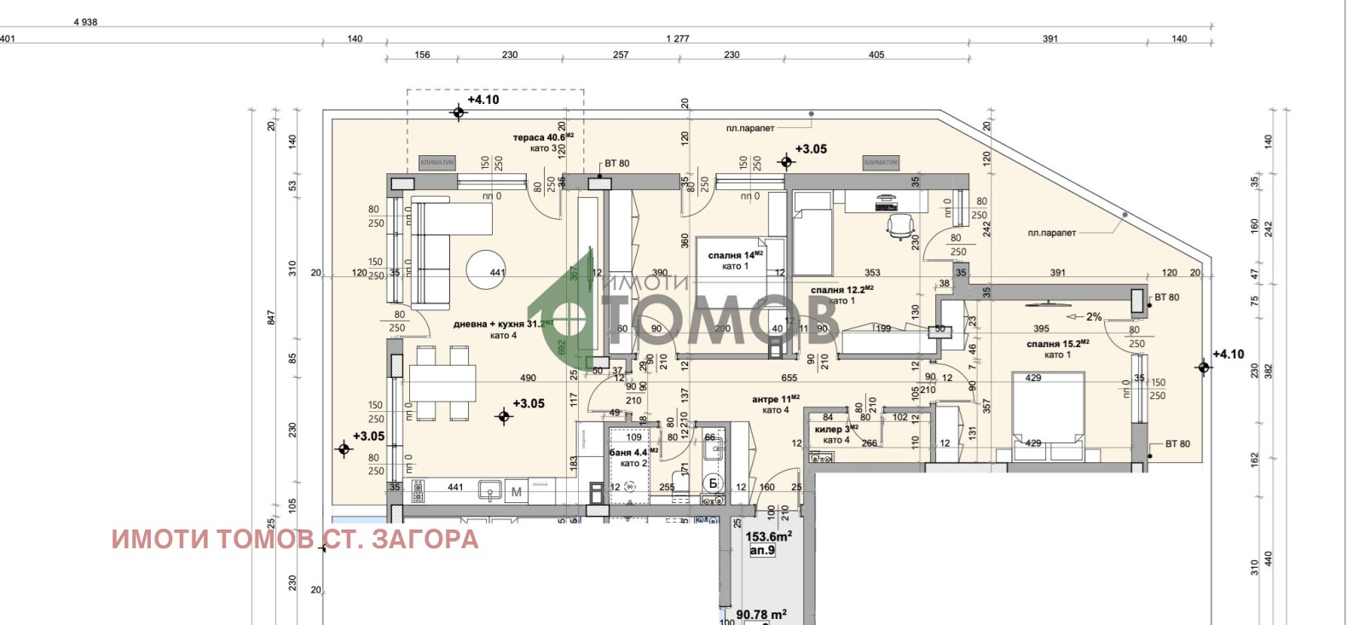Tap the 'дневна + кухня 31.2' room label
(x=502, y=324)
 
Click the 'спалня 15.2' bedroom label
(x=1057, y=344)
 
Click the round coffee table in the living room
(x=486, y=270)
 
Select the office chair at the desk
(x=901, y=225)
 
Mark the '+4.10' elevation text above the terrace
(x=483, y=100)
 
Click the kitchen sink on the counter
(x=489, y=489)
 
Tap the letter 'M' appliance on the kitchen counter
(x=517, y=492)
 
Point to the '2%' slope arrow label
(x=1093, y=316)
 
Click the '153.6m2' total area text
(x=768, y=536)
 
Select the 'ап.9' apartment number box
(x=762, y=551)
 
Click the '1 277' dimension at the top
(x=678, y=38)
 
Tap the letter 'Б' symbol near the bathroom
(x=714, y=483)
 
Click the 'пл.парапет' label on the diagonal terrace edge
(x=1051, y=233)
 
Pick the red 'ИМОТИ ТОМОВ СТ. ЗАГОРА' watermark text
(x=295, y=539)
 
